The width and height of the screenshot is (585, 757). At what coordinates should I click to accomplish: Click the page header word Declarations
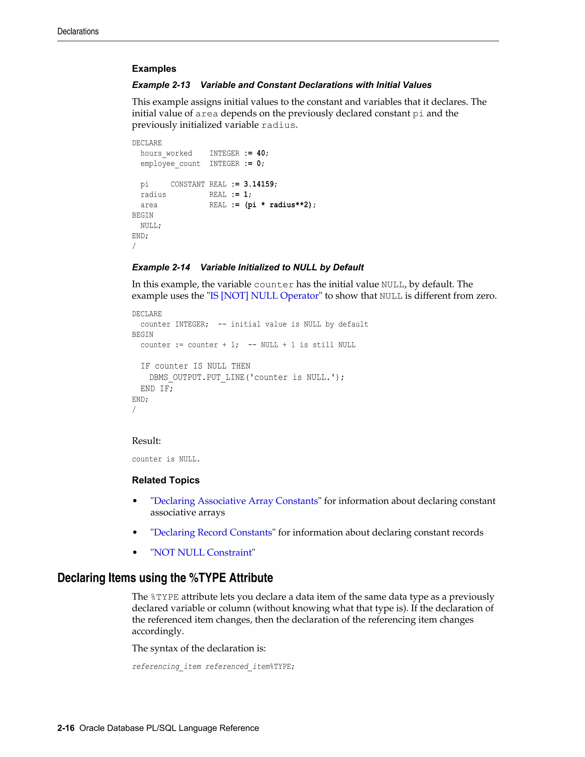(78, 31)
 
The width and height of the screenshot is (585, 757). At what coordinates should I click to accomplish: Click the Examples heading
(154, 69)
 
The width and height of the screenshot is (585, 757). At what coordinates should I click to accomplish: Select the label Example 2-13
(161, 85)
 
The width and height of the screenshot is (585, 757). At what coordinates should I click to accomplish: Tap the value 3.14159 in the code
(260, 184)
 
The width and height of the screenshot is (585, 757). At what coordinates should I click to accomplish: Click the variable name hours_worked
(166, 153)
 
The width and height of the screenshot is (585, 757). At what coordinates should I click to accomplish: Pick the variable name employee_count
(170, 164)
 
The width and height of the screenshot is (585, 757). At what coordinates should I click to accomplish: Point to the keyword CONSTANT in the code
(187, 184)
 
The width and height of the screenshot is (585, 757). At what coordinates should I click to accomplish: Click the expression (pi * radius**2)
(280, 205)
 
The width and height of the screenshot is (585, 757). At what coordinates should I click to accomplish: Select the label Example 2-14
(161, 267)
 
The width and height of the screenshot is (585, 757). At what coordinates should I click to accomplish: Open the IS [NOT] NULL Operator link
(264, 296)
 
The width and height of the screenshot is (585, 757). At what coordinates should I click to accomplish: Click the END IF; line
(156, 388)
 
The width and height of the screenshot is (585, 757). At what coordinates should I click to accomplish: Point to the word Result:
(146, 441)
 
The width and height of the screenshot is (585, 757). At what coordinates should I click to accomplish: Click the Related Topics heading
(166, 480)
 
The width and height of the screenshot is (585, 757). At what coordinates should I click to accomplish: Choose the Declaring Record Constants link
(213, 532)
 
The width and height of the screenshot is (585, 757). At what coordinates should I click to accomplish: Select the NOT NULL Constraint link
(203, 552)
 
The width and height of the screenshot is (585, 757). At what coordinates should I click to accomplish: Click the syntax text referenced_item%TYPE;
(250, 666)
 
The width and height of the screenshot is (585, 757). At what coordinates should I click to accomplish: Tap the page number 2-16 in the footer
(66, 728)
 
